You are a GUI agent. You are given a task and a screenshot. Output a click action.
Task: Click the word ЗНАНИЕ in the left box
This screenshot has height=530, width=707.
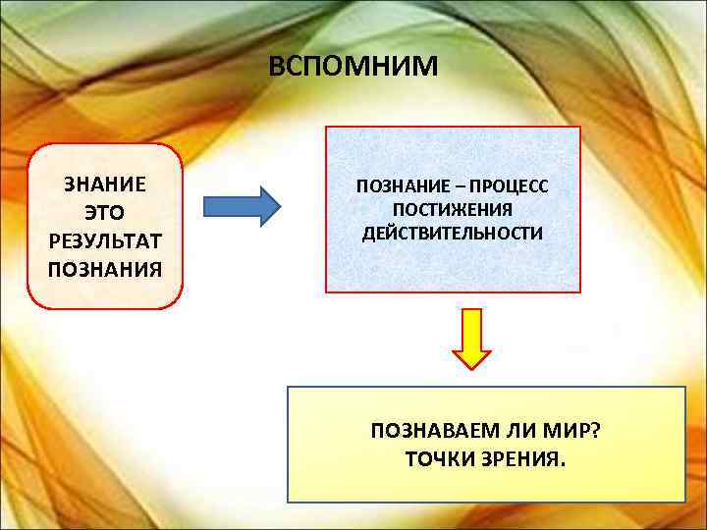tap(105, 184)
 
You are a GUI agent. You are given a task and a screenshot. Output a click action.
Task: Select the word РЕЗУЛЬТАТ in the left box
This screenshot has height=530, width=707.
tap(105, 239)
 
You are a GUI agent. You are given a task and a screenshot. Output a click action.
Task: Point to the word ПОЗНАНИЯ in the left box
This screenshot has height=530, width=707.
tap(105, 267)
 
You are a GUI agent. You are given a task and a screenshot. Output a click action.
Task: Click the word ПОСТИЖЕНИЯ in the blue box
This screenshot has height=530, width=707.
tap(453, 209)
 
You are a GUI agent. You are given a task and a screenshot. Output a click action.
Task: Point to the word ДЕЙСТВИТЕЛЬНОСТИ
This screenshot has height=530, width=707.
tap(453, 233)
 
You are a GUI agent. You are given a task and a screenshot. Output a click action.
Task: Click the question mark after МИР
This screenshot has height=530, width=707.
tap(594, 431)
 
